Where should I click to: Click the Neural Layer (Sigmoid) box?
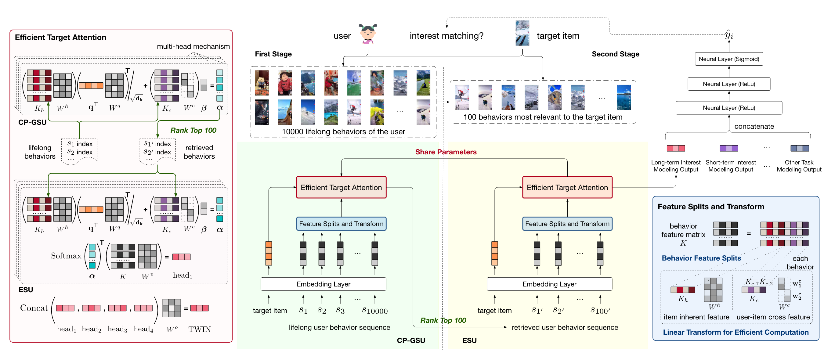tap(729, 59)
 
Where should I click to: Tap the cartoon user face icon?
tap(368, 34)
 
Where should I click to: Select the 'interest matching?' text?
tap(446, 36)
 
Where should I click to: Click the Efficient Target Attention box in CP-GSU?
tap(341, 187)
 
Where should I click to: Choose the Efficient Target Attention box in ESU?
tap(567, 187)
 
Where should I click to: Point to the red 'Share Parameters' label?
tap(446, 152)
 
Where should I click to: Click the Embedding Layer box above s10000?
tap(323, 284)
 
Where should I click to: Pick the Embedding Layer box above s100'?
tap(549, 284)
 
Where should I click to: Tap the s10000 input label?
tap(374, 311)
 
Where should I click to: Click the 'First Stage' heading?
tap(273, 54)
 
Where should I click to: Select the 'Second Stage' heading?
tap(615, 54)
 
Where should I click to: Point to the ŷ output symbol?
tap(729, 35)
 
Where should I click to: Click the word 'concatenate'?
tap(754, 126)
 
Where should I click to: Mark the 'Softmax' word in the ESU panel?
tap(66, 256)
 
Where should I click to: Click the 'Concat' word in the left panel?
tap(34, 308)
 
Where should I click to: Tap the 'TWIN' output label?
tap(199, 329)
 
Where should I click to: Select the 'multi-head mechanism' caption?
tap(193, 46)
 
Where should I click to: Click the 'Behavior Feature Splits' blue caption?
tap(701, 258)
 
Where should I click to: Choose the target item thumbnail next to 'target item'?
tap(522, 33)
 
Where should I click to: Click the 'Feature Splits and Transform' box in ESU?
tap(567, 224)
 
